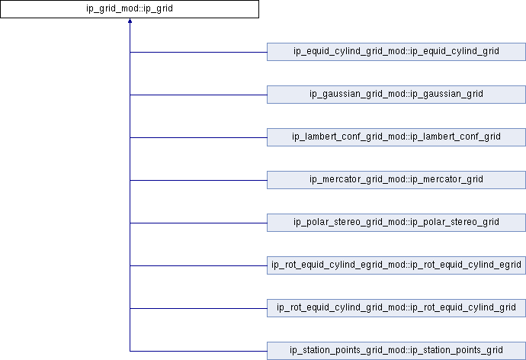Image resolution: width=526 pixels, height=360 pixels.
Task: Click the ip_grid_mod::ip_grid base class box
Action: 130,9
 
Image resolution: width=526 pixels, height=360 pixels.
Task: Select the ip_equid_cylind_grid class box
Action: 396,52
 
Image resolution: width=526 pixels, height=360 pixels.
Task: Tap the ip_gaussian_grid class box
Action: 396,95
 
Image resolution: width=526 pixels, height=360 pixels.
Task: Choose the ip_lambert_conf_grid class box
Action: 396,137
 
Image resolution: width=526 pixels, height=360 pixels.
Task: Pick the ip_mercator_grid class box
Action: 396,180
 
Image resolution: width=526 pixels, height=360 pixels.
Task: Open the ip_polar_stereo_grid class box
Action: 396,223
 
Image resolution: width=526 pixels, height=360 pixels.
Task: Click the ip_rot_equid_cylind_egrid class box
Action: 396,265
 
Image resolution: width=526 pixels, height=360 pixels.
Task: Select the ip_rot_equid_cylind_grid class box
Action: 396,307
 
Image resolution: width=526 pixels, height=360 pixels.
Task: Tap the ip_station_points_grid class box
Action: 396,351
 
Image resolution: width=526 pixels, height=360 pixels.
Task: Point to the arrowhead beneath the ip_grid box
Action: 130,21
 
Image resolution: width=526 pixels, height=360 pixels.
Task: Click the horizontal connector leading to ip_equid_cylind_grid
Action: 198,52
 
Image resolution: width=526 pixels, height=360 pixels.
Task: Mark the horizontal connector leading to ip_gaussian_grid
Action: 198,95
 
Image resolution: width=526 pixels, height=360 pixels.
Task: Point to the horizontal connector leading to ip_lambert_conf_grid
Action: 198,137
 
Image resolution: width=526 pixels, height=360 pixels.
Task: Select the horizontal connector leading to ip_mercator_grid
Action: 198,180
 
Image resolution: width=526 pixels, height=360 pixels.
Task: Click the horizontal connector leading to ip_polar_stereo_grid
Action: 198,223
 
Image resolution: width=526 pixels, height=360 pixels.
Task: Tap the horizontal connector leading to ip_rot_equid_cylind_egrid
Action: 198,265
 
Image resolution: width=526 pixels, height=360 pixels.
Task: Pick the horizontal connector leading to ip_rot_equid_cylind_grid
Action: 198,308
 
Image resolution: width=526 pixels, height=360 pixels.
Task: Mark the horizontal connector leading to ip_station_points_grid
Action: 198,351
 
